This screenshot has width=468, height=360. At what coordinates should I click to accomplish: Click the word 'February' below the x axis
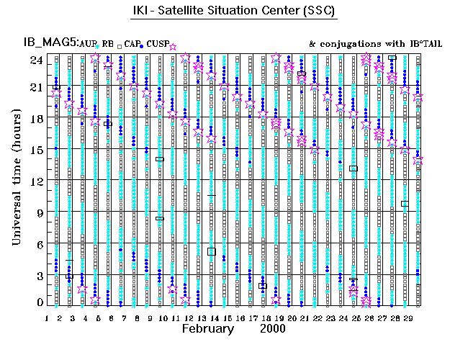click(x=207, y=328)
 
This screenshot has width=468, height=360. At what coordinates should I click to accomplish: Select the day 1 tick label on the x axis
click(x=47, y=318)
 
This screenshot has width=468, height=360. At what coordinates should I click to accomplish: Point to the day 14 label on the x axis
click(x=214, y=318)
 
